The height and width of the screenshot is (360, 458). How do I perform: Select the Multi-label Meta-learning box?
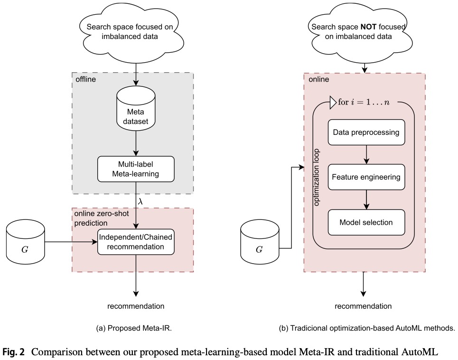tap(136, 169)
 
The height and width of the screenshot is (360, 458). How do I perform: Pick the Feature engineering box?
tap(366, 177)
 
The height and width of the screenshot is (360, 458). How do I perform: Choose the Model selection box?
tap(366, 222)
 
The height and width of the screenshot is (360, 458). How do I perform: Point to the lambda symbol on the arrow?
tap(140, 201)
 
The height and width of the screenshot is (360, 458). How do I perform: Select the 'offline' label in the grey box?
tap(85, 79)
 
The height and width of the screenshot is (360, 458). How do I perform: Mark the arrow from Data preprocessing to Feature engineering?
tap(366, 154)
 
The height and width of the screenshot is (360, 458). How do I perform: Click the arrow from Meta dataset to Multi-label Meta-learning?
tap(136, 143)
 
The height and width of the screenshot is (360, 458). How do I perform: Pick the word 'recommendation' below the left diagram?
tap(136, 306)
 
